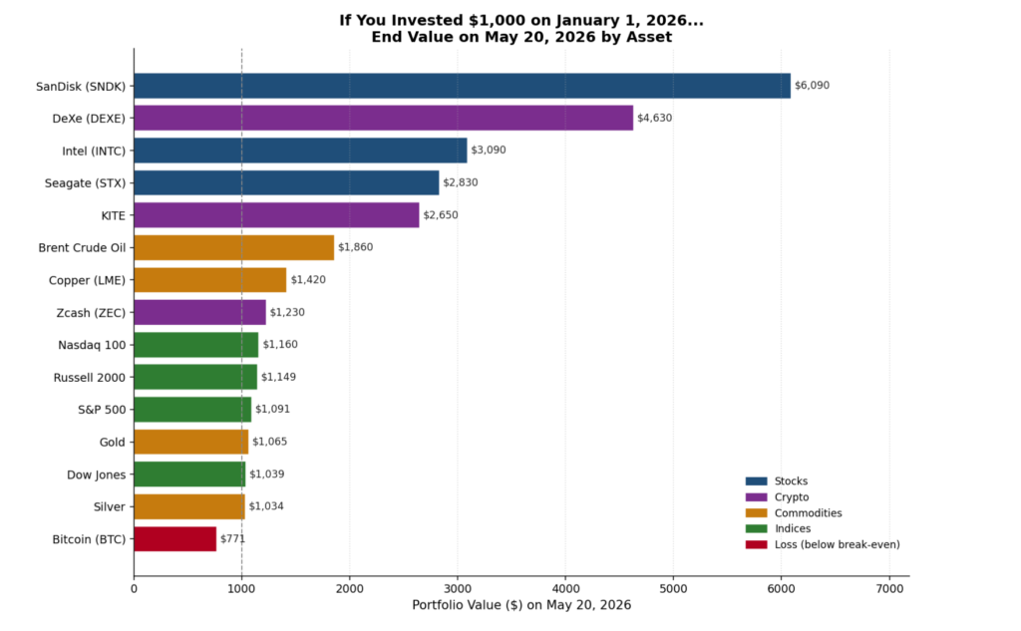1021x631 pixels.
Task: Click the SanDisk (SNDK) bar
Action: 463,86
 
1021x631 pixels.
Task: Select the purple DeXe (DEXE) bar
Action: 384,118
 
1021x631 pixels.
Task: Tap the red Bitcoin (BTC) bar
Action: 175,539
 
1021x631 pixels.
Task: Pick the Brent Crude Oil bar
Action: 233,247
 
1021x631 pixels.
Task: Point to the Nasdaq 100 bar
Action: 196,345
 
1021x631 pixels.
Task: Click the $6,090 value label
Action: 812,86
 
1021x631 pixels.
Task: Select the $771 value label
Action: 232,538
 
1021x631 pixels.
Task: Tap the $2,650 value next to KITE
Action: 441,215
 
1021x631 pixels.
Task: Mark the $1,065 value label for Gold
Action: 269,442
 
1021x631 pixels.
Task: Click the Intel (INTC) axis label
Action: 94,152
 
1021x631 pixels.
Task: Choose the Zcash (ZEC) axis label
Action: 91,313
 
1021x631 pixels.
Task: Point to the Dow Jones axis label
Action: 97,474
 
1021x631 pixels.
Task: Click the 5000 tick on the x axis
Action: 673,589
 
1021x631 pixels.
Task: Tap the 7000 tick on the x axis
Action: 889,589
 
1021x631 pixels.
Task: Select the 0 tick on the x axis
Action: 135,589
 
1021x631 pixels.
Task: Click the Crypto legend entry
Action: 778,496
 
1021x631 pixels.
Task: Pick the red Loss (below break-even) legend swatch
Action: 757,544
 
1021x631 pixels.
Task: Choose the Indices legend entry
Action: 778,528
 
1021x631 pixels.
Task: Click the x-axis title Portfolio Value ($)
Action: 468,605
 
